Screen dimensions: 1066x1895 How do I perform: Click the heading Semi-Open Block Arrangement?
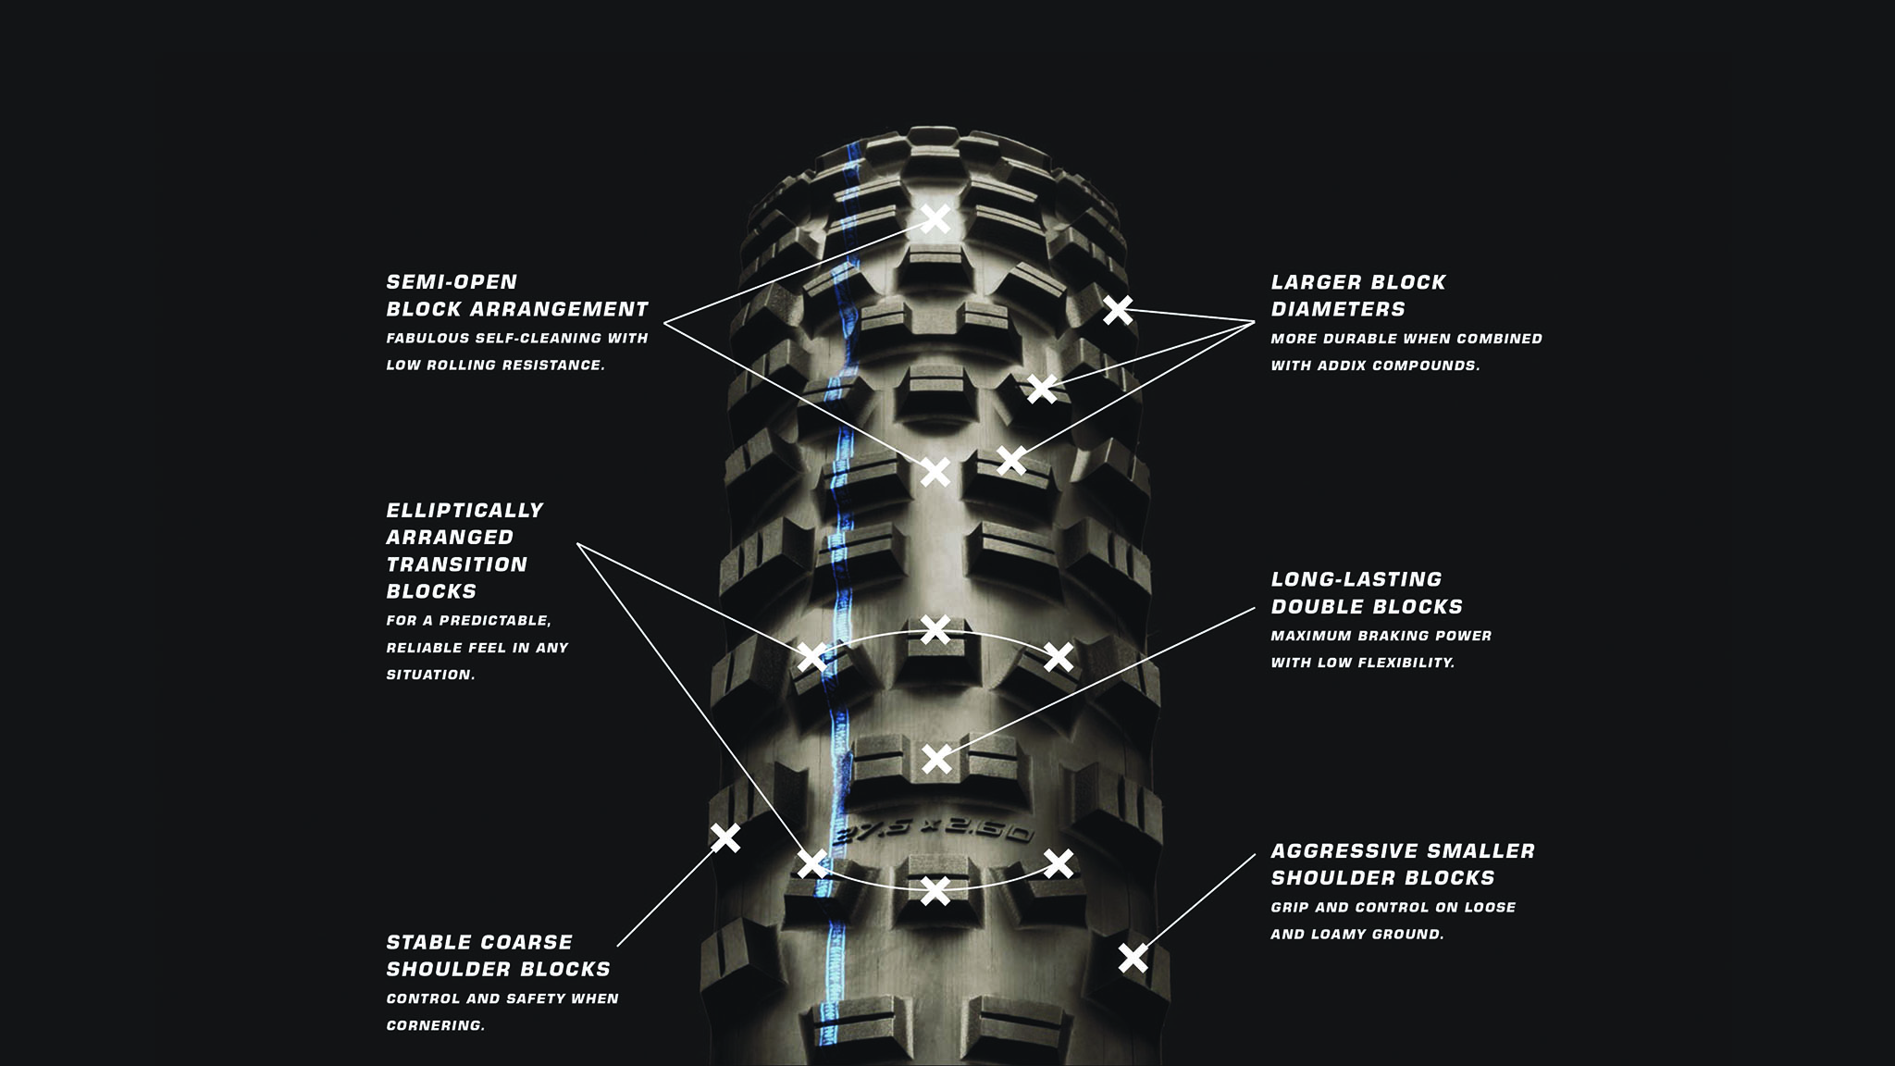516,295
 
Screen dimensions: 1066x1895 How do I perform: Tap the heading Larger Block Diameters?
1357,295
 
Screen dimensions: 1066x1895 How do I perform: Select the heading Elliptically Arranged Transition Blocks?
464,550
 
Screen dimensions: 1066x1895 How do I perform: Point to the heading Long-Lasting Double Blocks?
1366,593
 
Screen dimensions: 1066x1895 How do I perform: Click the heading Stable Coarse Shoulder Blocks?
498,955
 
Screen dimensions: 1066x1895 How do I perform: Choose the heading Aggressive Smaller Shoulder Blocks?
1402,863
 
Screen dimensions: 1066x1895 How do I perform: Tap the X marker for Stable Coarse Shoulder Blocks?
725,837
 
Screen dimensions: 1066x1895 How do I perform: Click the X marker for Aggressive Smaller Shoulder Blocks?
1133,958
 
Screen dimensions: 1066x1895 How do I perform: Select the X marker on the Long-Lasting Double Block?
936,759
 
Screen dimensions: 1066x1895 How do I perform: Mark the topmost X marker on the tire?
935,219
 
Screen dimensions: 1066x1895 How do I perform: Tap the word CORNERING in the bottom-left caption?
435,1025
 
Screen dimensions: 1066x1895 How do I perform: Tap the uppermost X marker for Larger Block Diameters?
1118,310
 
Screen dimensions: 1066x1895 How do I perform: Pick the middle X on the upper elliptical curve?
935,629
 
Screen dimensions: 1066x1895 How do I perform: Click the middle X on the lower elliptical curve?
935,891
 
